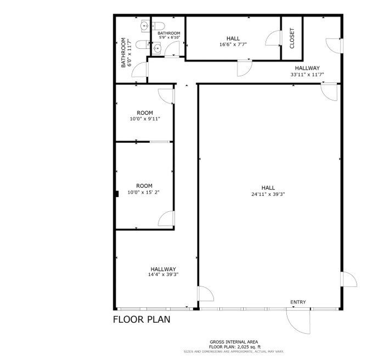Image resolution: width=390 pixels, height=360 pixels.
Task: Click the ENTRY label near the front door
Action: pyautogui.click(x=298, y=302)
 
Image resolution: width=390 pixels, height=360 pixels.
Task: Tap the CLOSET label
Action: pyautogui.click(x=292, y=38)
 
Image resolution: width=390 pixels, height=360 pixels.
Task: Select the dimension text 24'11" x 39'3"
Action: pyautogui.click(x=268, y=194)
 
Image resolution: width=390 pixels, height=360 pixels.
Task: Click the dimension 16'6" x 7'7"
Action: pyautogui.click(x=233, y=45)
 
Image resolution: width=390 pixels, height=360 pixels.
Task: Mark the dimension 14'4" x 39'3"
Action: pyautogui.click(x=163, y=274)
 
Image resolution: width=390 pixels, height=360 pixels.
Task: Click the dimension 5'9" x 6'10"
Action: pyautogui.click(x=169, y=38)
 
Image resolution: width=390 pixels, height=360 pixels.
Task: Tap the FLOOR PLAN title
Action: pyautogui.click(x=142, y=319)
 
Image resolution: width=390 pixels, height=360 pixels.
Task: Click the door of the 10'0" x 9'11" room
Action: pyautogui.click(x=166, y=95)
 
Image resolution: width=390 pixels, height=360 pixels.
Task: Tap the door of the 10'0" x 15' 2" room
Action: pyautogui.click(x=166, y=220)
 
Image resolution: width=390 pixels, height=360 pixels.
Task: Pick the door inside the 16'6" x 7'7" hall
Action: pyautogui.click(x=273, y=39)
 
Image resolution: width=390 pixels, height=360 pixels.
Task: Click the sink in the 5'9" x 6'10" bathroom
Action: pyautogui.click(x=159, y=48)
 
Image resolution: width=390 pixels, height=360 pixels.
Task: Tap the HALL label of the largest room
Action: pyautogui.click(x=268, y=188)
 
